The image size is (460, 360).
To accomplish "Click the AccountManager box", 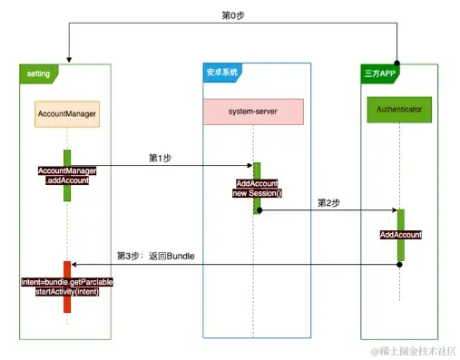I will click(x=67, y=114).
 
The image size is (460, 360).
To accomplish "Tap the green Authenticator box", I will click(x=399, y=111).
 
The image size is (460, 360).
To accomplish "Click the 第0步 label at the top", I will click(x=233, y=15).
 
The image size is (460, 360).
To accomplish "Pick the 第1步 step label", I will click(x=161, y=158).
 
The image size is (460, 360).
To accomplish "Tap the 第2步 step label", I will click(x=328, y=202).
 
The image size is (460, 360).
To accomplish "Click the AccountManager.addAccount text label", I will click(x=67, y=176).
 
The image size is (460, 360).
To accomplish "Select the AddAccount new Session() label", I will click(x=256, y=188).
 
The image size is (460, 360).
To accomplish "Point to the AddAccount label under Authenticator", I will click(x=400, y=235).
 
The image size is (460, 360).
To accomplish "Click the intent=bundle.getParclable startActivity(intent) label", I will click(x=67, y=287).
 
